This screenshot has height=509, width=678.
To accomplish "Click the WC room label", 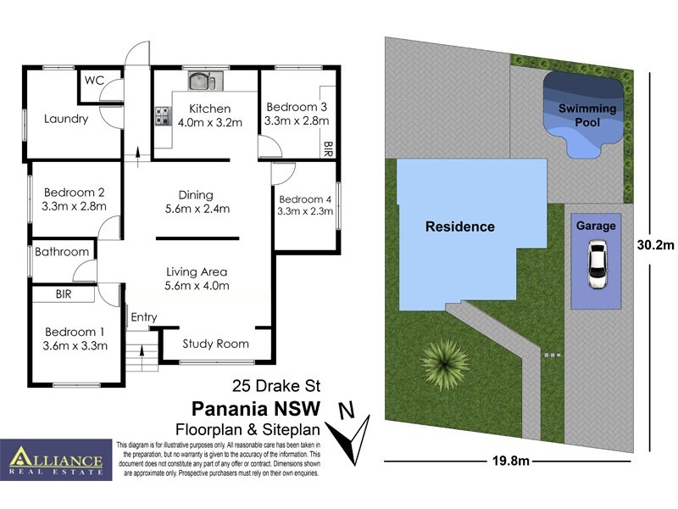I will [x=94, y=81].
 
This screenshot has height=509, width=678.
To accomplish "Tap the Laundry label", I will [x=65, y=119].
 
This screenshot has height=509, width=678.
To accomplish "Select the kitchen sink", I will [x=203, y=81].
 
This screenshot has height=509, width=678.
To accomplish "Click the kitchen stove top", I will [x=163, y=116].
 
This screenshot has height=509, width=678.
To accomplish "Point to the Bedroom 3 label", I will [x=297, y=107].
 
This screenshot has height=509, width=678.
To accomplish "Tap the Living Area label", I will [x=197, y=271].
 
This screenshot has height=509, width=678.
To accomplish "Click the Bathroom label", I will [x=62, y=252].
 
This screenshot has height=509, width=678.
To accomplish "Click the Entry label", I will [x=143, y=317].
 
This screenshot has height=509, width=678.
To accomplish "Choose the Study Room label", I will [x=216, y=344].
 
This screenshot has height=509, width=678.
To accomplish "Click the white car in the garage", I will [x=597, y=264].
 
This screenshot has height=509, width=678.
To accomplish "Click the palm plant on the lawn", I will [x=444, y=361].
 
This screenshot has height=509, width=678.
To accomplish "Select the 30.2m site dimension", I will [x=655, y=246].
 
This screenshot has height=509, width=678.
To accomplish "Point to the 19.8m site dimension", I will [x=512, y=461].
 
